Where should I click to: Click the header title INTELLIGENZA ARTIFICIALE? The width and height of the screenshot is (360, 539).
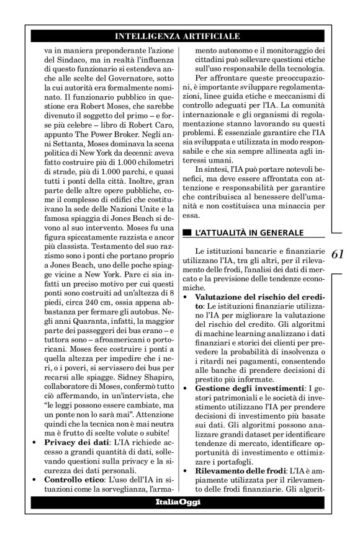[x=179, y=37]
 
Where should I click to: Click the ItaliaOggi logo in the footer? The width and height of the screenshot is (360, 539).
[x=179, y=502]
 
